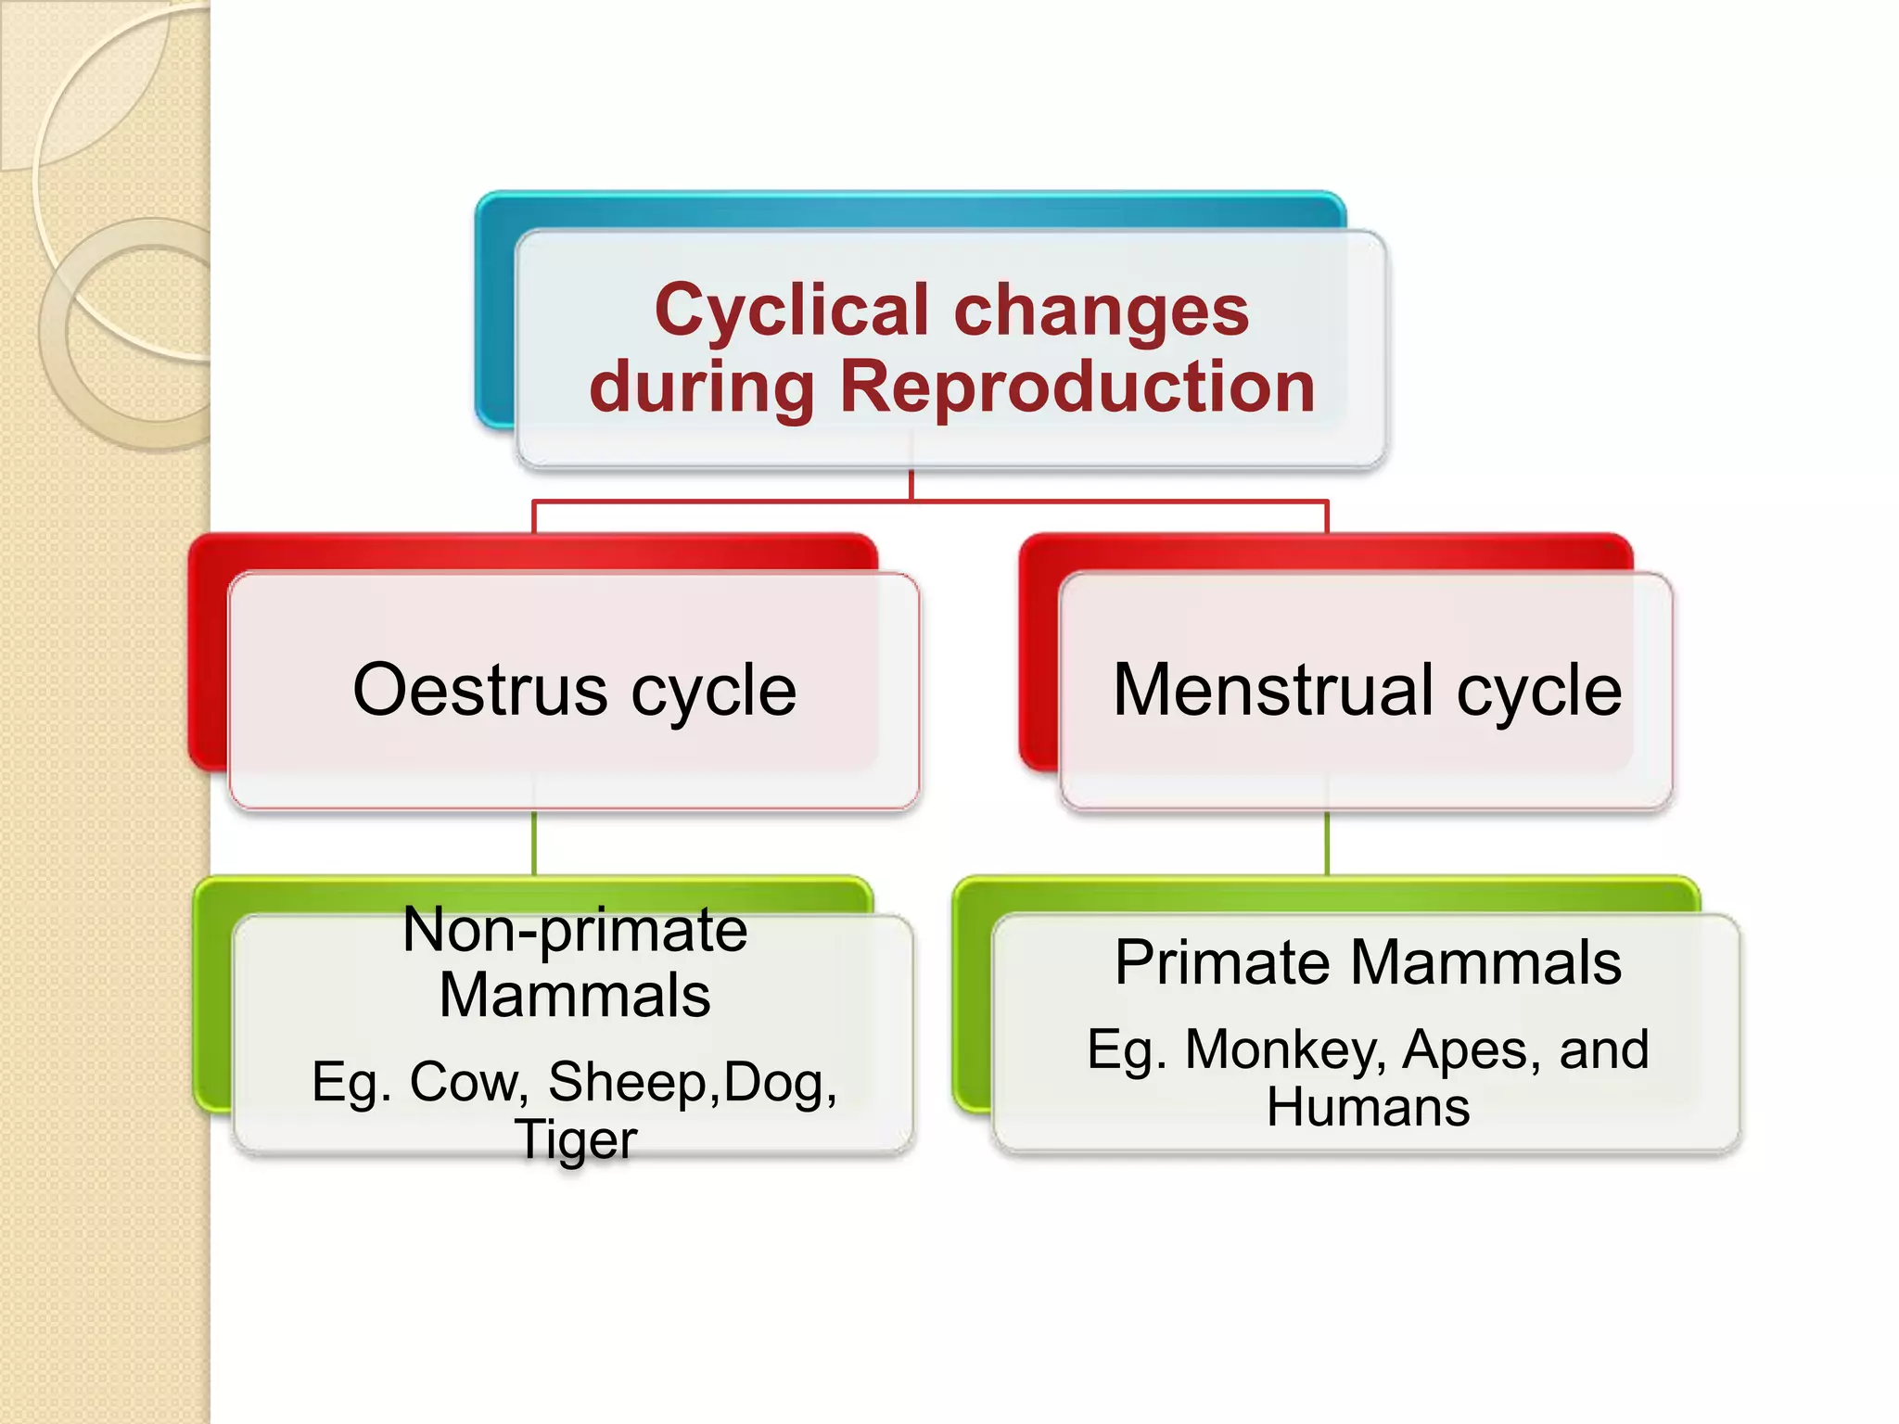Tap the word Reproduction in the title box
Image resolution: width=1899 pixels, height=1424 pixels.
pos(1077,387)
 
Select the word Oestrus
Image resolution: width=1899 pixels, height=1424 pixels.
pos(479,690)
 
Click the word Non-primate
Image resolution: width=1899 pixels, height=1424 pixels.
pos(575,929)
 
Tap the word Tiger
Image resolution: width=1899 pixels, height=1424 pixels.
pos(576,1140)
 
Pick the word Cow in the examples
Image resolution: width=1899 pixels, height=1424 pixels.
pos(468,1082)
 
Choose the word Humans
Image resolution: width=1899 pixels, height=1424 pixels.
pos(1368,1107)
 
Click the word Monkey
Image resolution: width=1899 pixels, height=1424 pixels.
pos(1285,1050)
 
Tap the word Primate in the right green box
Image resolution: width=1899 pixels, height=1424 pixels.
pos(1224,963)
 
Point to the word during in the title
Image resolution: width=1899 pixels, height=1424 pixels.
pos(702,387)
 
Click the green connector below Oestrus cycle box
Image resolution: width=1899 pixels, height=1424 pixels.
pos(534,844)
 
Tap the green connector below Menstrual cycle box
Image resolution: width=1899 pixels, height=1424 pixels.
pos(1327,844)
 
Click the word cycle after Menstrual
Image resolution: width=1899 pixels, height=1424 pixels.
pos(1538,690)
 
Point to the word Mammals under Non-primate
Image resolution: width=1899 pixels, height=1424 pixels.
pos(575,996)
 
